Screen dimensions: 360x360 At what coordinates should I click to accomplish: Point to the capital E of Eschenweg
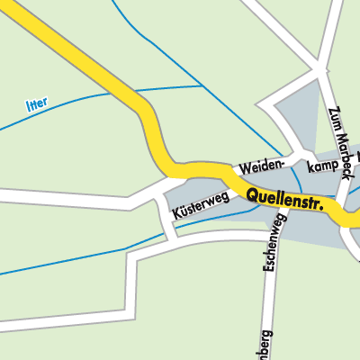pos(268,274)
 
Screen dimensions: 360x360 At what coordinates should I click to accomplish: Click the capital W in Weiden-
pos(241,170)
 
